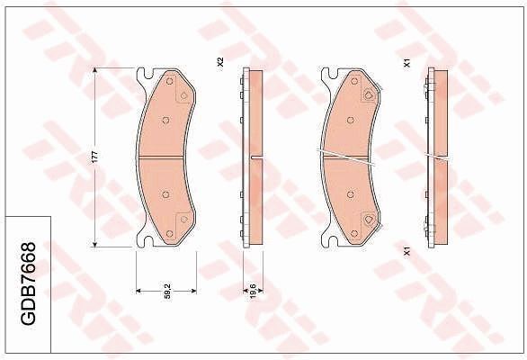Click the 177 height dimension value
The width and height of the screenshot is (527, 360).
point(94,157)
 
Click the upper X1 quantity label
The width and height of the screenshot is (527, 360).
point(406,64)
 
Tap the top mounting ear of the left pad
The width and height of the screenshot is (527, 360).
point(144,74)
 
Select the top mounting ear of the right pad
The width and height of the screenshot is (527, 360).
point(328,74)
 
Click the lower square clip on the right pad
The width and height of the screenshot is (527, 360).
point(368,220)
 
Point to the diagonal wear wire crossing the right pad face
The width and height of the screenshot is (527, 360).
point(351,157)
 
